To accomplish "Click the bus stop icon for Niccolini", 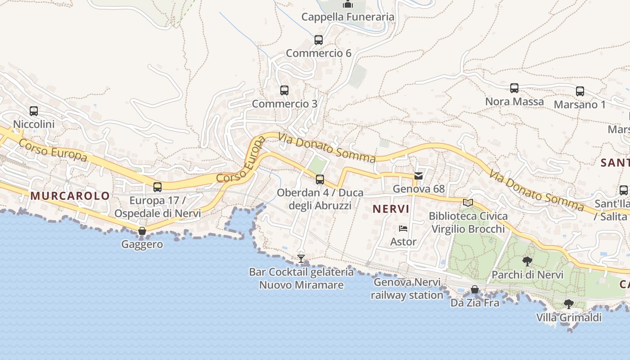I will pyautogui.click(x=34, y=111).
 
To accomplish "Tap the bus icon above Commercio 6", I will pyautogui.click(x=319, y=40).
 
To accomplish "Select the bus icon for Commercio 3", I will pyautogui.click(x=284, y=90).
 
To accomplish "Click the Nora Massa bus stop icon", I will pyautogui.click(x=514, y=88).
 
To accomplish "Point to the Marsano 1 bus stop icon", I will pyautogui.click(x=580, y=91).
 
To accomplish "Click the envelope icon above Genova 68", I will pyautogui.click(x=418, y=176).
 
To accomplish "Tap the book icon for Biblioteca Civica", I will pyautogui.click(x=468, y=202).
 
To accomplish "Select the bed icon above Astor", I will pyautogui.click(x=403, y=229).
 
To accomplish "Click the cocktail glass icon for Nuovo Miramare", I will pyautogui.click(x=301, y=258).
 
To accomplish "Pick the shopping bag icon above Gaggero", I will pyautogui.click(x=142, y=231).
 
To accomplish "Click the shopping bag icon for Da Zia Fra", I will pyautogui.click(x=475, y=289).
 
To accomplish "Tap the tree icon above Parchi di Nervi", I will pyautogui.click(x=527, y=261).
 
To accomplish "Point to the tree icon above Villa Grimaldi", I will pyautogui.click(x=569, y=304).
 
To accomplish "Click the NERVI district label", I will pyautogui.click(x=391, y=209).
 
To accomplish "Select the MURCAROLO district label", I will pyautogui.click(x=70, y=196).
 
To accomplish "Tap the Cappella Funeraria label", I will pyautogui.click(x=348, y=17).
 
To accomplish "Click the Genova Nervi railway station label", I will pyautogui.click(x=407, y=289).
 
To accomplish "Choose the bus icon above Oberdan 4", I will pyautogui.click(x=319, y=180).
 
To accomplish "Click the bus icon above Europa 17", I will pyautogui.click(x=157, y=187).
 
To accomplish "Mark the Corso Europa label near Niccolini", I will pyautogui.click(x=53, y=150).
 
